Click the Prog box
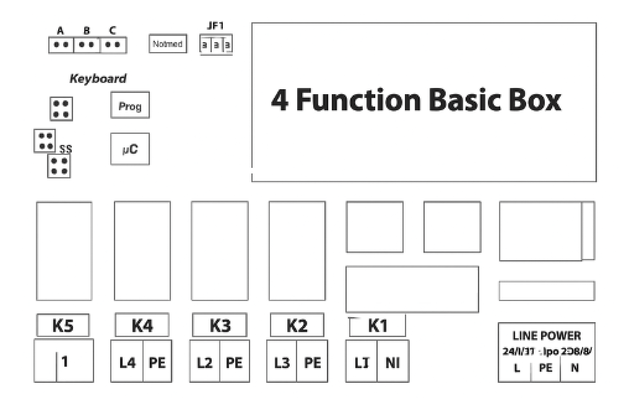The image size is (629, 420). click(130, 106)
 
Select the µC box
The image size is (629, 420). click(130, 149)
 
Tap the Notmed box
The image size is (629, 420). click(168, 44)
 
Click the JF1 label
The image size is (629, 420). click(215, 26)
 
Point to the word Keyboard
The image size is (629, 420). click(98, 79)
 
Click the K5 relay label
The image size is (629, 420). click(63, 325)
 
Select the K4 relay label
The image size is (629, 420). click(142, 325)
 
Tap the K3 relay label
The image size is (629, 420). click(220, 325)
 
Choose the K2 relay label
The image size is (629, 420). click(297, 325)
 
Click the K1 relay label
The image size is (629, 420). click(378, 325)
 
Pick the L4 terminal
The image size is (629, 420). click(127, 362)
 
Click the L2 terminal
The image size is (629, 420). click(204, 362)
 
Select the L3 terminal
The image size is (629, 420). click(282, 362)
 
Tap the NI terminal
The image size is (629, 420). click(393, 362)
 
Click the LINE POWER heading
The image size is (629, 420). click(547, 336)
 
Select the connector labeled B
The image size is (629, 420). click(87, 45)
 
